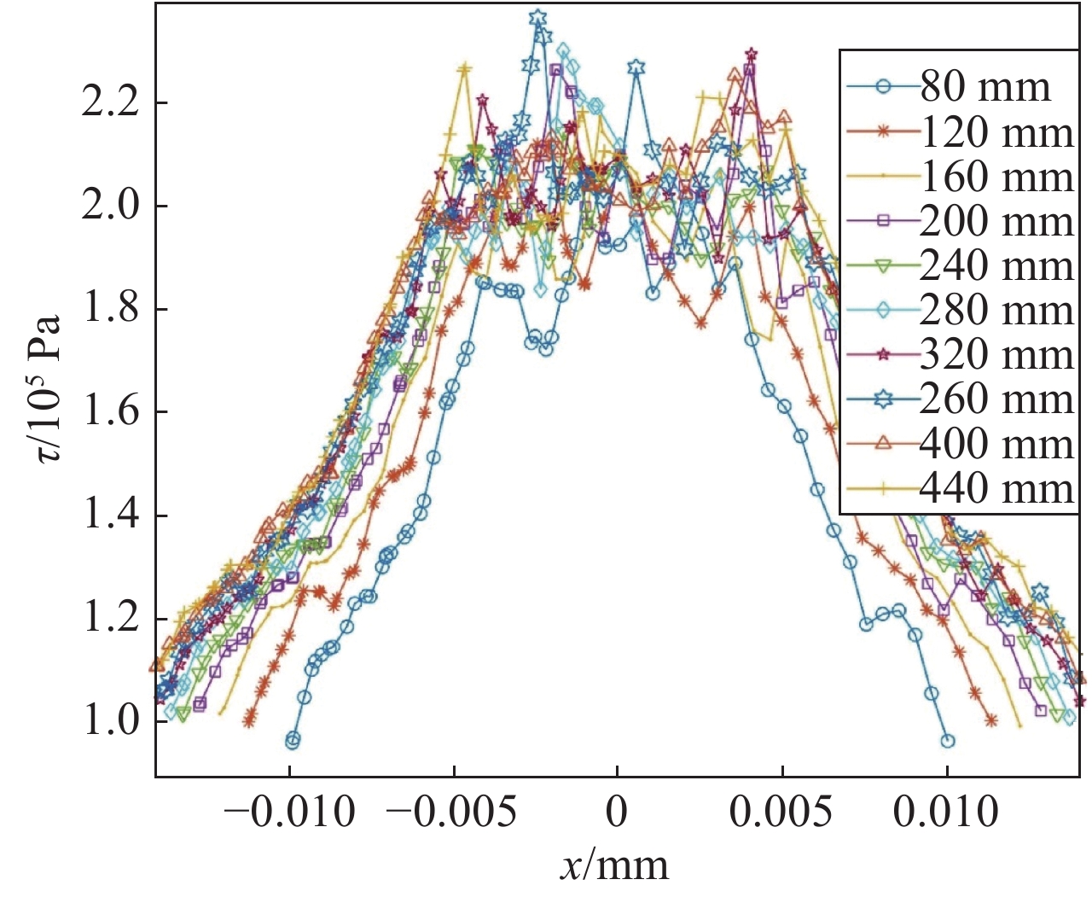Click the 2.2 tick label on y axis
111,103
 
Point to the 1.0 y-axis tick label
111,722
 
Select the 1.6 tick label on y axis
111,412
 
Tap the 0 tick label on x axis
617,812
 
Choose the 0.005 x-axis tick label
781,812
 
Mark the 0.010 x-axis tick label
945,812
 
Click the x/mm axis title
614,865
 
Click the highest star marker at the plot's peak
537,18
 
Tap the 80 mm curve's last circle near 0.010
947,741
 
